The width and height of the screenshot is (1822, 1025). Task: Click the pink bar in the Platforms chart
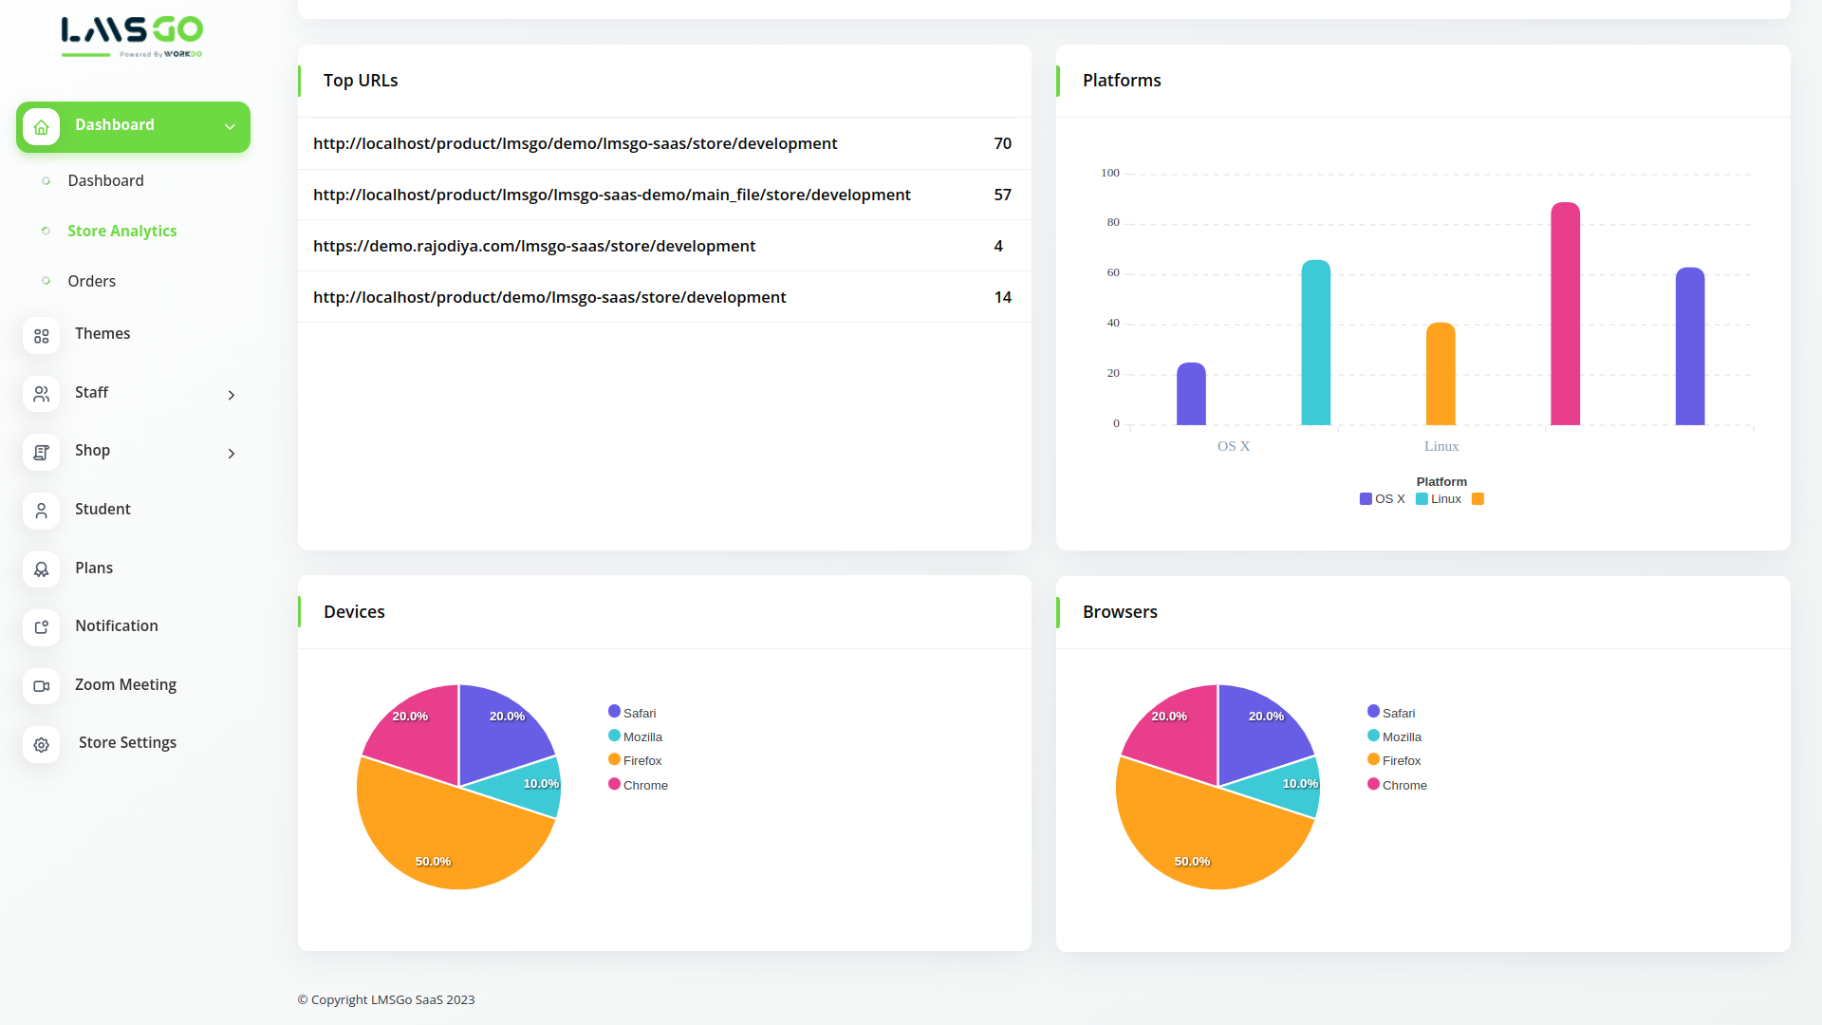(1565, 314)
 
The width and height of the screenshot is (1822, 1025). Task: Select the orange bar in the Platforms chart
(1440, 374)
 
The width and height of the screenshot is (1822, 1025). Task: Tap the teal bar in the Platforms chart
(1315, 343)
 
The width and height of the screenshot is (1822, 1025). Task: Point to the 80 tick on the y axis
(1113, 222)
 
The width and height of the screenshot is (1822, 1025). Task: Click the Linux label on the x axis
(1441, 446)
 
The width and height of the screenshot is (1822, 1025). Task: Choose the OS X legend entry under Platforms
(1382, 499)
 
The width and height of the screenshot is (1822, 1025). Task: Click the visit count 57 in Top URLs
(1002, 195)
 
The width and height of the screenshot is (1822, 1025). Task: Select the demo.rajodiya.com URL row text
(534, 246)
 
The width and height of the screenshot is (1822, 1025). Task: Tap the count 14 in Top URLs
(1002, 297)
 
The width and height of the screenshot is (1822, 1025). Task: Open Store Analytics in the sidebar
(121, 231)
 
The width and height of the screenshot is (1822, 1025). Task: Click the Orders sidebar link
(91, 281)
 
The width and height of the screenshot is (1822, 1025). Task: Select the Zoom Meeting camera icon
(42, 685)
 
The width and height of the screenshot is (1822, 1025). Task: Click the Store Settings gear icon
(42, 745)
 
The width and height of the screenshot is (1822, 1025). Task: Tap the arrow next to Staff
(231, 395)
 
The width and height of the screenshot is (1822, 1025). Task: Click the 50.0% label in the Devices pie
(433, 862)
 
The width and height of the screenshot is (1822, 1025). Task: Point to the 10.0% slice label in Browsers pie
(1300, 784)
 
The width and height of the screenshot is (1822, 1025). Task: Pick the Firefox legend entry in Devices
(635, 760)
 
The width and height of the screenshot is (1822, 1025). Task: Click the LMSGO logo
(132, 36)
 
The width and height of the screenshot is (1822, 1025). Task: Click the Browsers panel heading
(1120, 612)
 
